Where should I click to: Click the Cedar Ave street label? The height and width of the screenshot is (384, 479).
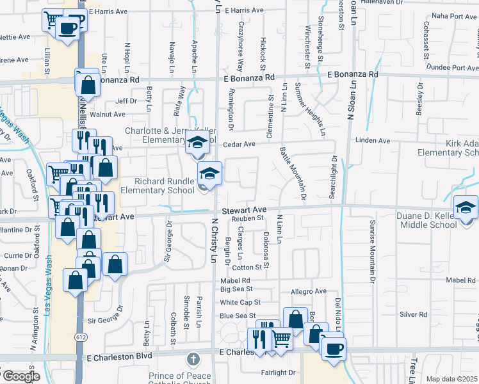click(x=239, y=144)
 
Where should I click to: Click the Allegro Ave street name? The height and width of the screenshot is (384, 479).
click(x=309, y=291)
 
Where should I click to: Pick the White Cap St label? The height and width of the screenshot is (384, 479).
click(x=240, y=302)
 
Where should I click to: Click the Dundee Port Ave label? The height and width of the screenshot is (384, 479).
click(x=450, y=67)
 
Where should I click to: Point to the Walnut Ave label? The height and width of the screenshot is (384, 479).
click(x=108, y=115)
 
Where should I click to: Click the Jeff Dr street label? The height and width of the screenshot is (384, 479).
click(x=126, y=100)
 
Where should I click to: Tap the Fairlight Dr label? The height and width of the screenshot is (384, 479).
click(x=278, y=372)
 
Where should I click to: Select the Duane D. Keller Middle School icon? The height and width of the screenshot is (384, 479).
click(x=466, y=207)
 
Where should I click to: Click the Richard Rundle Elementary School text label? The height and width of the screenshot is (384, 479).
click(x=165, y=186)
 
